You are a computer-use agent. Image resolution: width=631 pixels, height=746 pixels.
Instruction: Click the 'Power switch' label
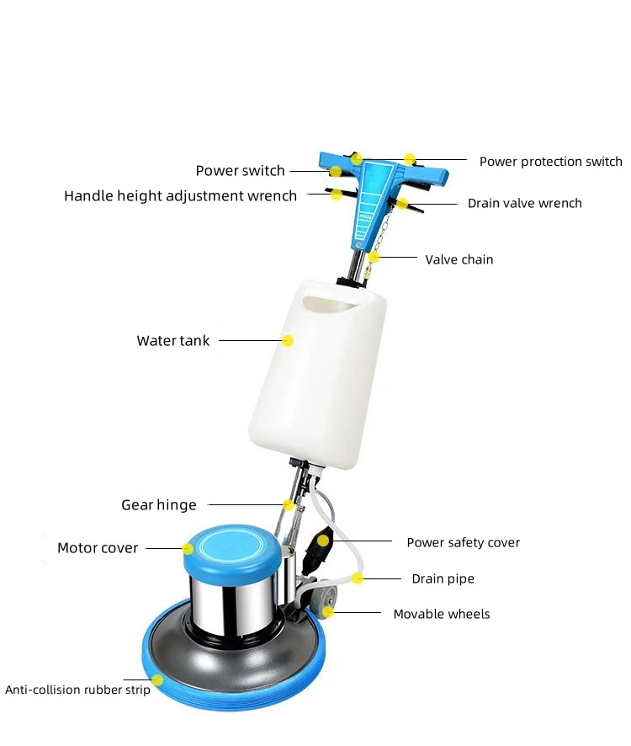click(x=240, y=171)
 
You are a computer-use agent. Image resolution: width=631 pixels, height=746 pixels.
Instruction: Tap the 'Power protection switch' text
click(x=550, y=162)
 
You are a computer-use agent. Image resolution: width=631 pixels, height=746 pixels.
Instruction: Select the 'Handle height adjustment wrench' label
click(x=180, y=196)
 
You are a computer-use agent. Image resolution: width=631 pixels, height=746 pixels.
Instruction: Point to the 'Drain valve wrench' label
click(x=524, y=203)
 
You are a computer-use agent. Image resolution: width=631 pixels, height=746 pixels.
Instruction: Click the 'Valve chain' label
click(x=459, y=259)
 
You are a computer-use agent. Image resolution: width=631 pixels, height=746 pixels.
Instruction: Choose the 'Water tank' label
click(x=172, y=341)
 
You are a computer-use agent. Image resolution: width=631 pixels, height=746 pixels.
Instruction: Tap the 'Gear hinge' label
click(x=158, y=505)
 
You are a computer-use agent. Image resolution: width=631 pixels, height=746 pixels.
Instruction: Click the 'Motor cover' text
click(x=97, y=548)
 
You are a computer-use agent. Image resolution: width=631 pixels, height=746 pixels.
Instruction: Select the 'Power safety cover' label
click(x=463, y=542)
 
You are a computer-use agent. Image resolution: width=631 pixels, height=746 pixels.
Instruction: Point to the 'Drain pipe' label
click(x=443, y=579)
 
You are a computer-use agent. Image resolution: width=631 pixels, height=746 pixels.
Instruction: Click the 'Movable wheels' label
click(x=441, y=614)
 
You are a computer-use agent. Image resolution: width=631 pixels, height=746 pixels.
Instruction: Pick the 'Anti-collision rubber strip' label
click(x=77, y=690)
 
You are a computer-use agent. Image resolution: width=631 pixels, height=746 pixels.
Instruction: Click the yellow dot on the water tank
click(x=288, y=341)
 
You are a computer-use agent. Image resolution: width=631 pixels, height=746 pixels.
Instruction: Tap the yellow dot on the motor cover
click(x=188, y=549)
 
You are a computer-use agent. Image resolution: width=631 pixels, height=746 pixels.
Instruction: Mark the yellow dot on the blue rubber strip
click(x=157, y=679)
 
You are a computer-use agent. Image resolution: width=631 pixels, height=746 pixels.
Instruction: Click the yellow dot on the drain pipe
click(x=358, y=578)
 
